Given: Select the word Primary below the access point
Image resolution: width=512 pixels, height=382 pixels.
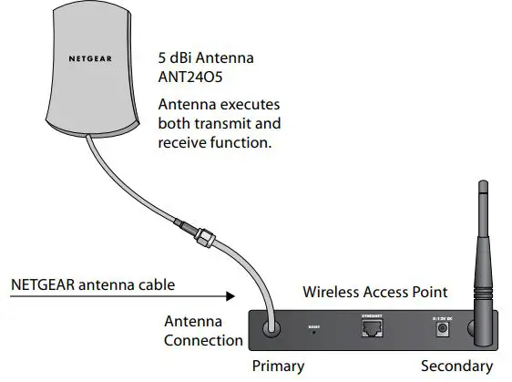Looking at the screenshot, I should click(278, 367).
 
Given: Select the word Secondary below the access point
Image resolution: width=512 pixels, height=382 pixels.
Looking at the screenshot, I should click(456, 367).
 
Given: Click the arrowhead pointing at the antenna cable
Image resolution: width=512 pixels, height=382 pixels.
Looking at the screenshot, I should click(229, 296).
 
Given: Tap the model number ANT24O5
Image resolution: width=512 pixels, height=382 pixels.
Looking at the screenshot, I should click(189, 78).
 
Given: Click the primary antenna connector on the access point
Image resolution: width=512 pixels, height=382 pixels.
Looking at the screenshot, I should click(271, 329).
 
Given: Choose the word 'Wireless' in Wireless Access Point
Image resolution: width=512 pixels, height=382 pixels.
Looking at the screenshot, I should click(332, 292).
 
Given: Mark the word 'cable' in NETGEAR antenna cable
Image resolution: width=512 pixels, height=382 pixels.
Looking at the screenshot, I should click(151, 284).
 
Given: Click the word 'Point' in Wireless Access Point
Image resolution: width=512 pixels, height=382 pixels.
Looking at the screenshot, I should click(429, 292).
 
